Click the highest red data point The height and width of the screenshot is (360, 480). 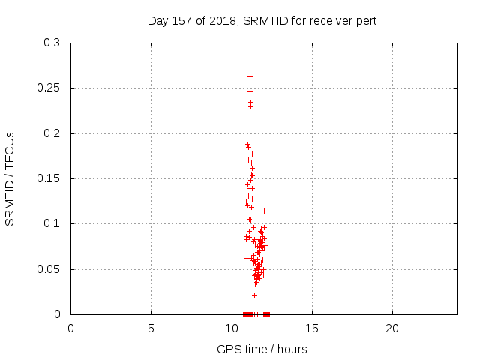(x=250, y=76)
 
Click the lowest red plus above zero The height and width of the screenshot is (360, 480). (x=254, y=295)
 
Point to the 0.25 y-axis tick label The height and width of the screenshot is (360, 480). (x=48, y=88)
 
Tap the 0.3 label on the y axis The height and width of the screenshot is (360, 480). (x=52, y=43)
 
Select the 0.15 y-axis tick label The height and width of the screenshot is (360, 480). (x=48, y=178)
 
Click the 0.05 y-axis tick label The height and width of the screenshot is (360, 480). (x=48, y=269)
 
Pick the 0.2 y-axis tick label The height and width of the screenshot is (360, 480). (x=52, y=133)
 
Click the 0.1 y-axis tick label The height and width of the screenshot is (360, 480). (x=52, y=223)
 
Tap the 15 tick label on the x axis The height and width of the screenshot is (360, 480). (x=312, y=328)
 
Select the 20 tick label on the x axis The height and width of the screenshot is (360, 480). (x=392, y=328)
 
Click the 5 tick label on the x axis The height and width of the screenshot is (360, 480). (x=151, y=328)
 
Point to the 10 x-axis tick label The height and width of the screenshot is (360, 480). (x=232, y=328)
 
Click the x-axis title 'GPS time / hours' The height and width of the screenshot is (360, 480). (x=262, y=349)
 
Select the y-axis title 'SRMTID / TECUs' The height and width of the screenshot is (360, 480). (x=10, y=179)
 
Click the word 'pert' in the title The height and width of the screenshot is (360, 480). (x=366, y=21)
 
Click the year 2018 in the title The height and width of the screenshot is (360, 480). (x=223, y=21)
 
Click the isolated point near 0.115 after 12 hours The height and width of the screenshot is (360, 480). (x=264, y=211)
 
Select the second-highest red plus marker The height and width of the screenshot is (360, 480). (x=250, y=91)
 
